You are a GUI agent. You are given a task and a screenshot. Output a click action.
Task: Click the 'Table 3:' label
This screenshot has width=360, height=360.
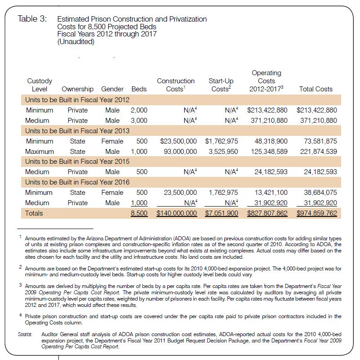pyautogui.click(x=32, y=19)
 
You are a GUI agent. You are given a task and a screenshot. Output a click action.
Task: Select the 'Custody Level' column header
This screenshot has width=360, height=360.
pyautogui.click(x=40, y=85)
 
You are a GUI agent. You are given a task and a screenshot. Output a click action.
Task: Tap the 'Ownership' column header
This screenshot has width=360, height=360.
pyautogui.click(x=77, y=89)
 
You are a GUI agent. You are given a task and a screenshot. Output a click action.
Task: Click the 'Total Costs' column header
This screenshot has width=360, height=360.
pyautogui.click(x=316, y=89)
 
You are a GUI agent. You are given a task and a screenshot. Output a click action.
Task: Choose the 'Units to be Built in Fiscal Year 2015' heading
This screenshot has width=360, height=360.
pyautogui.click(x=77, y=162)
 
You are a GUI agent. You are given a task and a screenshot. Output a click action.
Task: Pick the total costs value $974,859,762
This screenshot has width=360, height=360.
pyautogui.click(x=316, y=213)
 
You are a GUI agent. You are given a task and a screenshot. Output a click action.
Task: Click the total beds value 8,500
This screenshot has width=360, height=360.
pyautogui.click(x=139, y=213)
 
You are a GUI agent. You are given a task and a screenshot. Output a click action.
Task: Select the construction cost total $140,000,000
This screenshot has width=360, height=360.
pyautogui.click(x=177, y=213)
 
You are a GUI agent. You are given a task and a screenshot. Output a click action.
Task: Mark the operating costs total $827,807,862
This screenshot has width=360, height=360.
pyautogui.click(x=267, y=213)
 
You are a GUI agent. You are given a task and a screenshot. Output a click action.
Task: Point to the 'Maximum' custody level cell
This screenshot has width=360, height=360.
pyautogui.click(x=40, y=152)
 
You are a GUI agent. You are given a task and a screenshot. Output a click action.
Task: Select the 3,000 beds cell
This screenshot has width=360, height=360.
pyautogui.click(x=139, y=121)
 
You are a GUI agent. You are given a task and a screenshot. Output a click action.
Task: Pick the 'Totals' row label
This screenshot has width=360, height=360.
pyautogui.click(x=34, y=213)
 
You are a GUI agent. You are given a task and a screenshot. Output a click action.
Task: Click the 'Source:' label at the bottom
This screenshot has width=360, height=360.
pyautogui.click(x=25, y=334)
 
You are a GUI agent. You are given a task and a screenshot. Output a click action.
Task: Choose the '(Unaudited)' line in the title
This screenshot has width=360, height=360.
pyautogui.click(x=76, y=42)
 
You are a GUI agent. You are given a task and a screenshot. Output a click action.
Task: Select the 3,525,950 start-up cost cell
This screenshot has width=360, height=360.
pyautogui.click(x=223, y=152)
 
